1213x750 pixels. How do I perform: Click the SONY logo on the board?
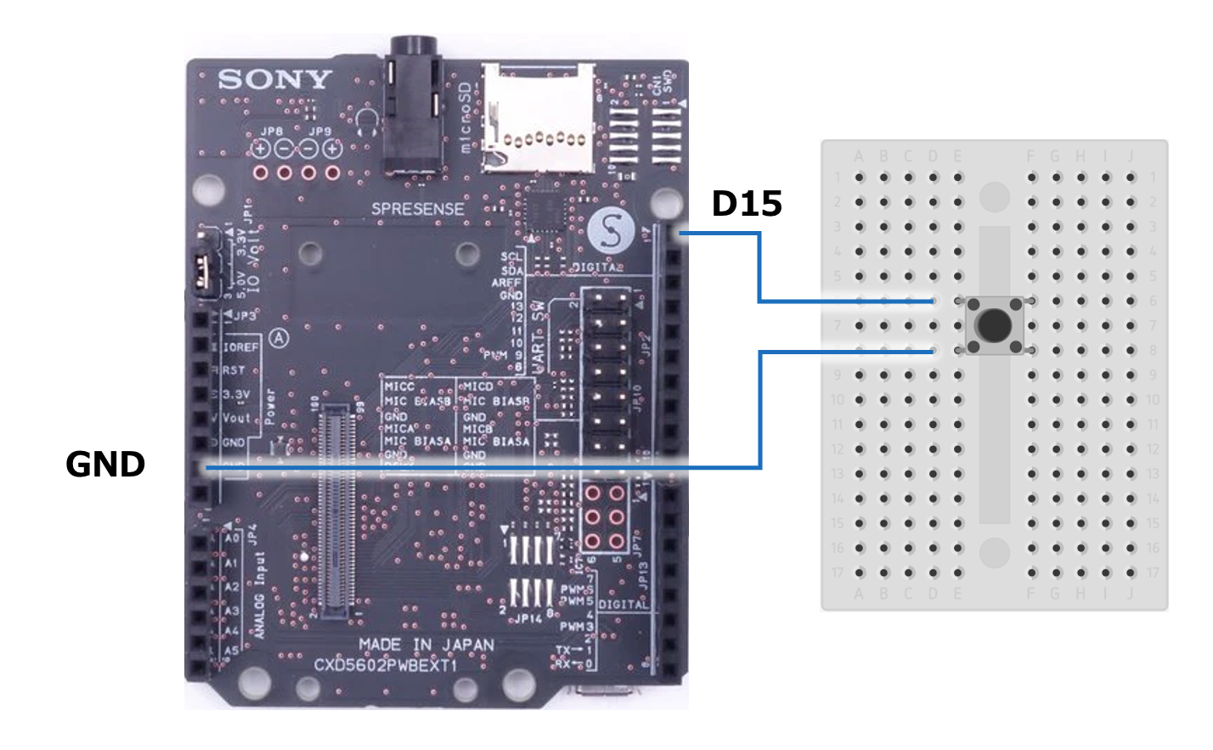click(x=274, y=80)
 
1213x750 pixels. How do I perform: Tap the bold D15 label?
click(x=747, y=204)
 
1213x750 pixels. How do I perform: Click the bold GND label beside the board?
click(x=105, y=465)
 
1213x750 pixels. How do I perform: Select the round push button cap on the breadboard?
click(x=994, y=324)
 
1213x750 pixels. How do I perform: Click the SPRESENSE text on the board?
click(x=418, y=209)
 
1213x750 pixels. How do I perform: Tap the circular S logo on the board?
click(x=611, y=230)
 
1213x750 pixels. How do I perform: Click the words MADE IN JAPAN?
click(x=426, y=645)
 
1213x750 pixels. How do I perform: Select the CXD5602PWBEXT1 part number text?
click(x=386, y=664)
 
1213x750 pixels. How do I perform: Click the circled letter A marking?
click(x=279, y=339)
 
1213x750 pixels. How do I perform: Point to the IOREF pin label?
click(x=241, y=347)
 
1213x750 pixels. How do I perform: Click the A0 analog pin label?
click(x=232, y=539)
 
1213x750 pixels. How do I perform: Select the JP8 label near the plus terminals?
click(x=272, y=132)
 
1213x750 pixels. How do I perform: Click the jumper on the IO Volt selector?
click(x=202, y=270)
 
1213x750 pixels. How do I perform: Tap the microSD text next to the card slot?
click(x=465, y=118)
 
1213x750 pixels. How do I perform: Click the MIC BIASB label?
click(x=418, y=401)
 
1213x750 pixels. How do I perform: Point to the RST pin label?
click(x=234, y=370)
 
